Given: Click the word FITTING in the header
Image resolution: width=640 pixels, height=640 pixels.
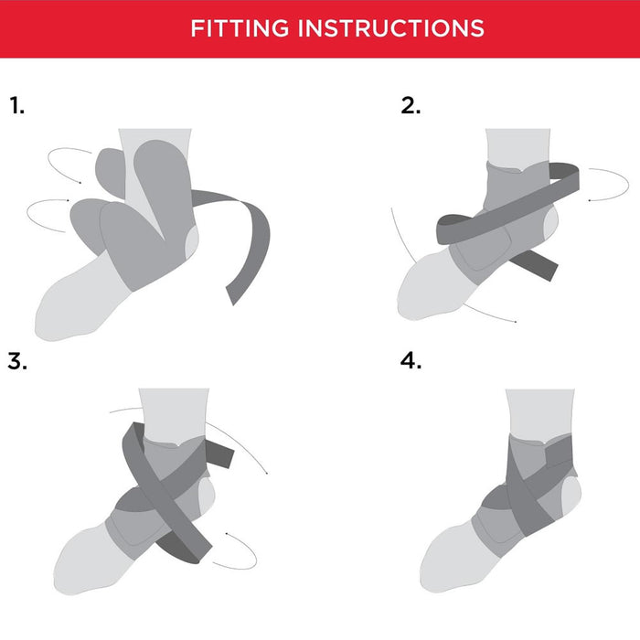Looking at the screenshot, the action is [x=240, y=28].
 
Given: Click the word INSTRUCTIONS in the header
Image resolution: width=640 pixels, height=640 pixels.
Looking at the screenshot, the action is [x=391, y=28].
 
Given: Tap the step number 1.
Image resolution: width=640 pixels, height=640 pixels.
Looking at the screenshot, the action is [x=16, y=105].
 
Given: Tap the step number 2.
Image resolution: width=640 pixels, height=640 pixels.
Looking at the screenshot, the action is [x=411, y=105].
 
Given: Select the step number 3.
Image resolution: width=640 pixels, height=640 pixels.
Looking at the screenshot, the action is [x=17, y=361].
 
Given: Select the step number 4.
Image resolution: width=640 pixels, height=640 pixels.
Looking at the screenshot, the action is [x=411, y=361].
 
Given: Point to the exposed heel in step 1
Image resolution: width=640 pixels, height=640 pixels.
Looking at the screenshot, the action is [x=192, y=243].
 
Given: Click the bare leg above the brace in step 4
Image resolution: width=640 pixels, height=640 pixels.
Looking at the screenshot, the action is [x=539, y=412].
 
